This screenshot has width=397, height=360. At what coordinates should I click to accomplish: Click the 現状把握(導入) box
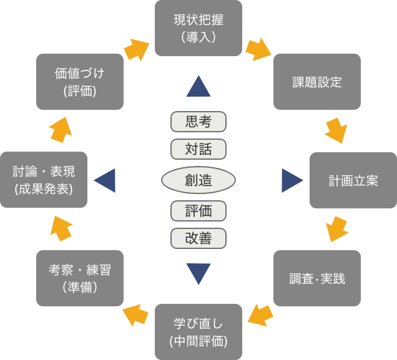(x=198, y=28)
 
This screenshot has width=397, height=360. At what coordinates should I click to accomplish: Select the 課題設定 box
(x=317, y=82)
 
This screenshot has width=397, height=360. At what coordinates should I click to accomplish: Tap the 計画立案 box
(x=353, y=180)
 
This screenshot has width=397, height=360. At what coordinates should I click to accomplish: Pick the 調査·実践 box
(x=317, y=278)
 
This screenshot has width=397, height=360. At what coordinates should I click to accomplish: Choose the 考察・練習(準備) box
(x=79, y=278)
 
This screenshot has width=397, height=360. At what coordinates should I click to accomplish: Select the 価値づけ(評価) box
(x=79, y=82)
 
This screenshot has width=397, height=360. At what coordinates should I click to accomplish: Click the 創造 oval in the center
(x=198, y=180)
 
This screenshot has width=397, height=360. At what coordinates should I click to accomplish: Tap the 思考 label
(x=198, y=122)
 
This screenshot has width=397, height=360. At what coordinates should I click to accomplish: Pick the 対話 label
(x=198, y=149)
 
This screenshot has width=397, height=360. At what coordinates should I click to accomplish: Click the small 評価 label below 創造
(x=198, y=211)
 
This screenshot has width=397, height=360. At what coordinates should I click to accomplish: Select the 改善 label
(x=198, y=238)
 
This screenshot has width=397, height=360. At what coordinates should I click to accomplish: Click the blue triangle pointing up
(x=198, y=87)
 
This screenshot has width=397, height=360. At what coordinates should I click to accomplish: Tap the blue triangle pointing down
(x=198, y=274)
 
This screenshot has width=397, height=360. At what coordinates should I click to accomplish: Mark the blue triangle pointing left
(x=105, y=180)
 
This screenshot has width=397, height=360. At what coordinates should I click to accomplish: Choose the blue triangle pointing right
(x=292, y=180)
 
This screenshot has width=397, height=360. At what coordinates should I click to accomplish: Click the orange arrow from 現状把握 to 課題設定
(x=258, y=49)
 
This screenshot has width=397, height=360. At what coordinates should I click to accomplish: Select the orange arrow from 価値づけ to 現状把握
(x=136, y=49)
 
